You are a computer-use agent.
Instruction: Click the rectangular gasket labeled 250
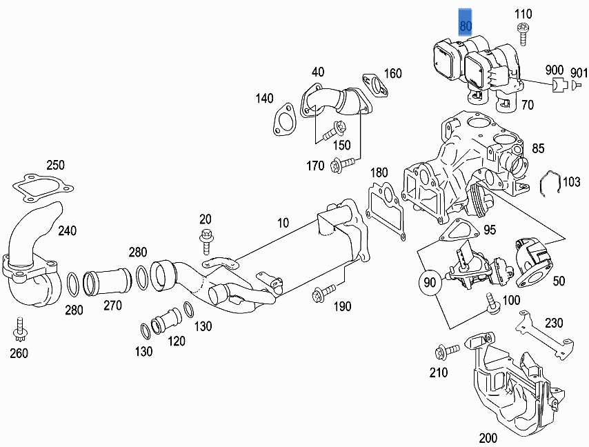(x=42, y=186)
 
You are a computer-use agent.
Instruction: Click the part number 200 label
(x=488, y=437)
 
